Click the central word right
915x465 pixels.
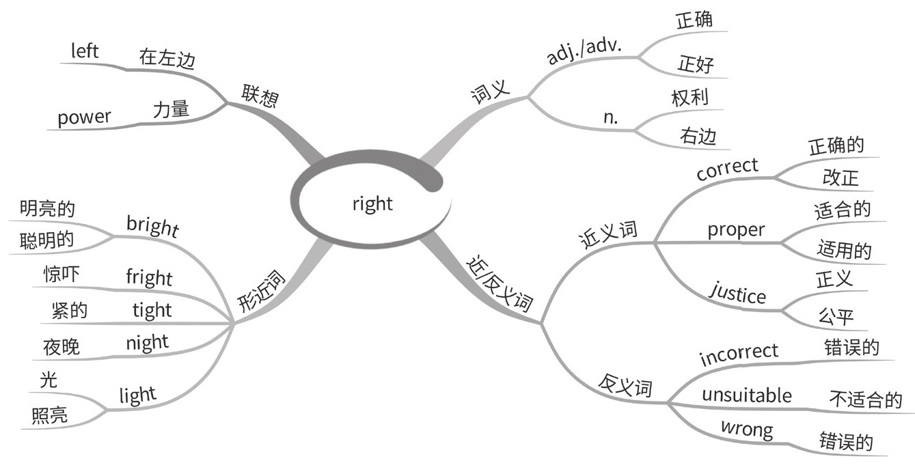pyautogui.click(x=372, y=203)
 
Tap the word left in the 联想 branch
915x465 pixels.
pyautogui.click(x=85, y=51)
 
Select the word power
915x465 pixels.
pyautogui.click(x=83, y=118)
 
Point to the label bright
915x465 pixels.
pyautogui.click(x=152, y=226)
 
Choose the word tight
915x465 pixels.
pyautogui.click(x=152, y=311)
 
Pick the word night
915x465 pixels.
pyautogui.click(x=147, y=341)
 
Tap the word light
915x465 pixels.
pyautogui.click(x=137, y=395)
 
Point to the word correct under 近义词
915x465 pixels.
pyautogui.click(x=727, y=168)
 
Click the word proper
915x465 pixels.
pyautogui.click(x=735, y=230)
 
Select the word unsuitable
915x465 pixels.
pyautogui.click(x=747, y=395)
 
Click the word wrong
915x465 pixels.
pyautogui.click(x=747, y=430)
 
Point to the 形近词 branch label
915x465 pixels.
pyautogui.click(x=262, y=291)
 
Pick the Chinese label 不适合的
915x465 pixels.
pyautogui.click(x=865, y=399)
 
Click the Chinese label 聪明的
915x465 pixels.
pyautogui.click(x=47, y=239)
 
